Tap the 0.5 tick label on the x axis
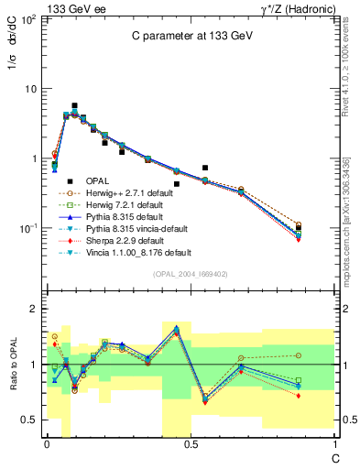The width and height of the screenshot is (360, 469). tap(191, 444)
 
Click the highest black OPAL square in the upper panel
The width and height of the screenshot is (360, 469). tap(74, 106)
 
